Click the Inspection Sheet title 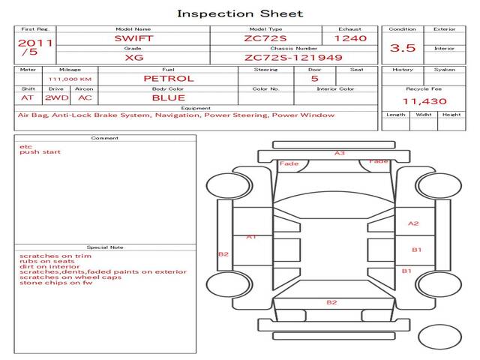pos(239,13)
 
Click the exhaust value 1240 pos(350,37)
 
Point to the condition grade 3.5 pos(403,48)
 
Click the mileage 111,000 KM pos(70,79)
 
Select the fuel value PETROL pos(168,78)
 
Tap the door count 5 pos(314,78)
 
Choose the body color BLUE pos(168,97)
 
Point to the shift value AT pos(28,97)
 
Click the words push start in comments pos(40,152)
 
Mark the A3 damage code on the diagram pos(340,153)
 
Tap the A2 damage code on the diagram pos(413,223)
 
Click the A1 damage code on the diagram pos(252,236)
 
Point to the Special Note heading pos(104,247)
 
